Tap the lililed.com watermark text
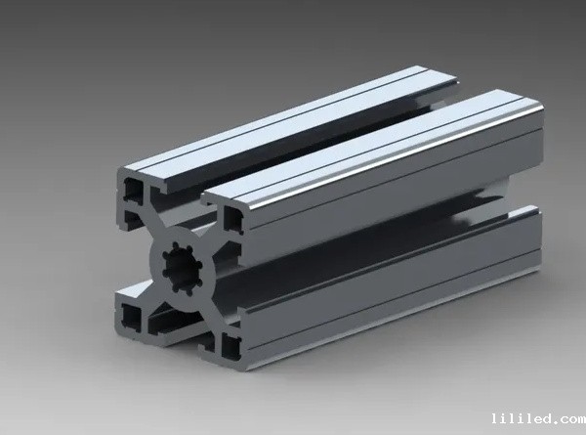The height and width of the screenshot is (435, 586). pyautogui.click(x=538, y=418)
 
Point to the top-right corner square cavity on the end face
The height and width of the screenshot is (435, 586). pyautogui.click(x=232, y=219)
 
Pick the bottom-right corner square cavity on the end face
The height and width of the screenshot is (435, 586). pyautogui.click(x=231, y=347)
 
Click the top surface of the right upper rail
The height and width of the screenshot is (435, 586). pyautogui.click(x=374, y=147)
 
